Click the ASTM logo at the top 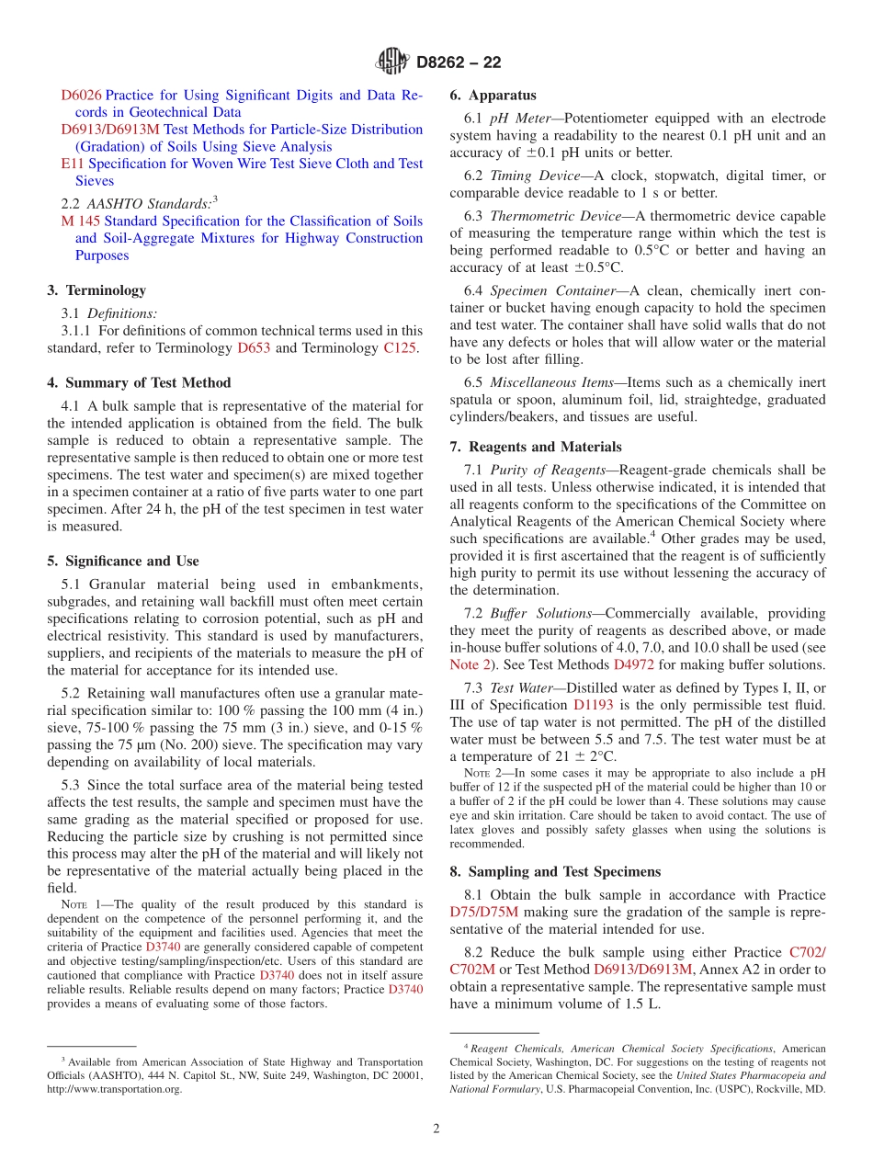pyautogui.click(x=393, y=62)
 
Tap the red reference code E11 pyautogui.click(x=73, y=164)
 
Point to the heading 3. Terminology pyautogui.click(x=96, y=290)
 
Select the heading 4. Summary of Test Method pyautogui.click(x=139, y=383)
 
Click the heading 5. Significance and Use pyautogui.click(x=123, y=562)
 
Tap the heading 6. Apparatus pyautogui.click(x=493, y=96)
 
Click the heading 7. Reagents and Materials pyautogui.click(x=535, y=448)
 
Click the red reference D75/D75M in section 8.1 pyautogui.click(x=483, y=912)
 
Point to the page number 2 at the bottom pyautogui.click(x=436, y=1129)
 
